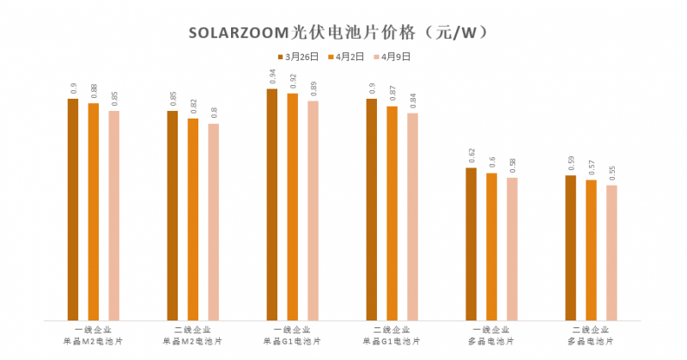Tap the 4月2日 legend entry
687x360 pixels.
[343, 57]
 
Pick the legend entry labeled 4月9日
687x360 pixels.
[390, 57]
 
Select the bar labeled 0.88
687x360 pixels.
[94, 211]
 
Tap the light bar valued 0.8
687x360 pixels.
[214, 222]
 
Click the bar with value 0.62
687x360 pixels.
[471, 244]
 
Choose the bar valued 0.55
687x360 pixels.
[611, 253]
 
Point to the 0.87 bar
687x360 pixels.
[392, 213]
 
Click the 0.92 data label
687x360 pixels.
[293, 82]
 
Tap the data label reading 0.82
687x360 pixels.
[193, 107]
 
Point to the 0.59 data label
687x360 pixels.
[571, 163]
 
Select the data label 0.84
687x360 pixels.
[413, 101]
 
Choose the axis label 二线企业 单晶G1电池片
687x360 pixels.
[392, 335]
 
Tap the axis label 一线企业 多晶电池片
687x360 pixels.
[492, 335]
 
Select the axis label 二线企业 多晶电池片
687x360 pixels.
[592, 335]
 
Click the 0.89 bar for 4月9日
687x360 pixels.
[313, 211]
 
